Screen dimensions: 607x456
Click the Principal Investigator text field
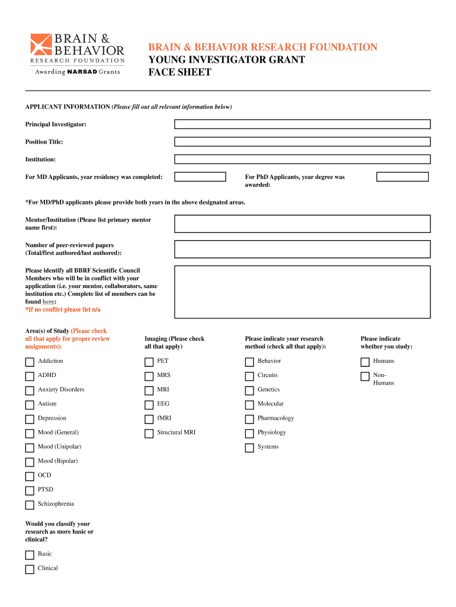tap(302, 124)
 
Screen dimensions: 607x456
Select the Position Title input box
tap(302, 142)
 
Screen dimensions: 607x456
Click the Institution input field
tap(302, 159)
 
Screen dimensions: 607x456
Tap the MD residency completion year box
tap(200, 177)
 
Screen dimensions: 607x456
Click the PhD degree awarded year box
tap(403, 177)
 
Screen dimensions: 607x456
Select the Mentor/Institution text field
tap(302, 223)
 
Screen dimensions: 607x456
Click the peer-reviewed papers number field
tap(302, 249)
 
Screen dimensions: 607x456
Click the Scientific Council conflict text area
tap(302, 292)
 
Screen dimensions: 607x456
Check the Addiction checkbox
tap(30, 362)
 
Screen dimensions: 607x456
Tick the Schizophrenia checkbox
tap(30, 505)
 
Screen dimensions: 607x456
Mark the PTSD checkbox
tap(30, 491)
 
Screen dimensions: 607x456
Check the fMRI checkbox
tap(149, 419)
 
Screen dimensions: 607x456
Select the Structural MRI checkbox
tap(149, 433)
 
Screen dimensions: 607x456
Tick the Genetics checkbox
tap(249, 391)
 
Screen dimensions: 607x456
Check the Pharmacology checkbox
tap(249, 419)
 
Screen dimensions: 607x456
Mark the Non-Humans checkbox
tap(365, 376)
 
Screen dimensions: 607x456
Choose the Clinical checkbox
tap(30, 569)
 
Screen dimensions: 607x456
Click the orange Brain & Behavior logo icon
tap(41, 44)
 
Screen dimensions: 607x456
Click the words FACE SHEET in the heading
tap(179, 72)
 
